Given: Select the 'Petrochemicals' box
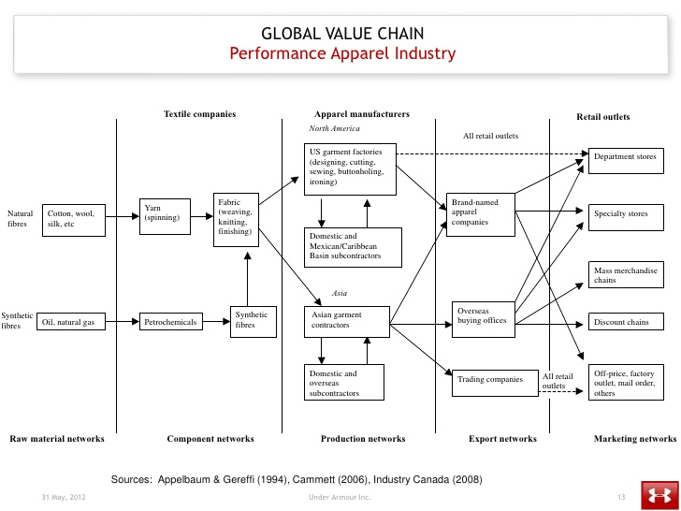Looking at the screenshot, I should coord(171,322).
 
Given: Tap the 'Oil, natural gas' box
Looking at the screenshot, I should coord(71,322).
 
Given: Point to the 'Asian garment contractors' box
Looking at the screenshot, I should coord(346,320).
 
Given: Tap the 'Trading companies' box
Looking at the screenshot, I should coord(491,379).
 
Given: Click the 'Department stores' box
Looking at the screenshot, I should coord(626,157).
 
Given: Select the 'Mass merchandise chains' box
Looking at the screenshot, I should coord(626,275).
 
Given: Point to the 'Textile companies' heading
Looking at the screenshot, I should coord(199,114).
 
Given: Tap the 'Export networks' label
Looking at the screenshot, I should coord(502,438).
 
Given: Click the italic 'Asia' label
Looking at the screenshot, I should coord(340,293).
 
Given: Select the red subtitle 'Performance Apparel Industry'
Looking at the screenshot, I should coord(342,53).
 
